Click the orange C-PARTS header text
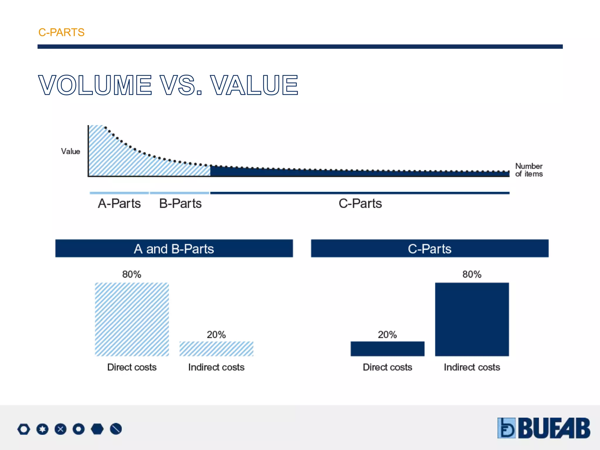[x=61, y=32]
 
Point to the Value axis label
[x=70, y=151]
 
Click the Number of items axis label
[x=529, y=170]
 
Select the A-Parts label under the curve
[x=119, y=203]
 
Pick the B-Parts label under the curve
[x=180, y=203]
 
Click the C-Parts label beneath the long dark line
[x=360, y=203]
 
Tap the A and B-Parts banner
[x=174, y=248]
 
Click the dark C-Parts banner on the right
[x=429, y=248]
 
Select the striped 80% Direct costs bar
[x=132, y=319]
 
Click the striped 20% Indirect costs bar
[x=216, y=349]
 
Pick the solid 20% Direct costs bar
[x=387, y=349]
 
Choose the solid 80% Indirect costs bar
[x=472, y=319]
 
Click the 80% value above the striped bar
[x=132, y=274]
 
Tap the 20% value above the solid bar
[x=387, y=335]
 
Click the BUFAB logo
[x=544, y=428]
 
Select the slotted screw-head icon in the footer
[x=116, y=429]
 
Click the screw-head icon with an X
[x=60, y=429]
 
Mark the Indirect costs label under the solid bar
[x=472, y=367]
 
